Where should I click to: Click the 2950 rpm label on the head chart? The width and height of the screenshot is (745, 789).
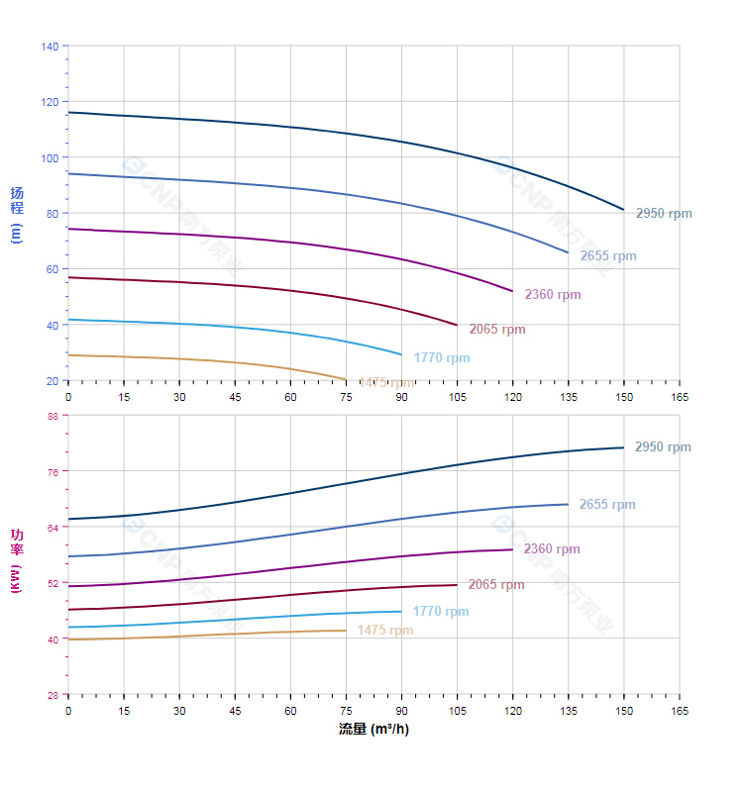(664, 213)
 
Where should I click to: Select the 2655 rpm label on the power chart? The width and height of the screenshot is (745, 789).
(607, 505)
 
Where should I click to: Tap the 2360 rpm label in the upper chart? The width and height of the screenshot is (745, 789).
(553, 295)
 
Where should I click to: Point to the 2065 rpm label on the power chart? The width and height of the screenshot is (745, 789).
(496, 585)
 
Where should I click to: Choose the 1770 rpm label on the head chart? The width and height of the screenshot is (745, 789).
(442, 358)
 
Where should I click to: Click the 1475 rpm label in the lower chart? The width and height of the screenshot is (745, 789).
(385, 631)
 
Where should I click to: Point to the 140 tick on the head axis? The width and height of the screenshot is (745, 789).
(51, 46)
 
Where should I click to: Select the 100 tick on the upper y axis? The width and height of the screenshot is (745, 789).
(51, 157)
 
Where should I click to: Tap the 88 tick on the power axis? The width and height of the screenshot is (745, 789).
(53, 416)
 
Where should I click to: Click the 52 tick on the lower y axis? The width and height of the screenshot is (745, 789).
(53, 583)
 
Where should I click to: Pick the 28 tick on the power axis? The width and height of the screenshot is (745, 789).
(53, 695)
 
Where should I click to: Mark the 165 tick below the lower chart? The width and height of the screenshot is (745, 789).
(680, 711)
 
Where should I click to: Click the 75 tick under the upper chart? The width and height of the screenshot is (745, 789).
(346, 396)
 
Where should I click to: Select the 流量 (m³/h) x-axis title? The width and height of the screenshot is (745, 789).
(373, 730)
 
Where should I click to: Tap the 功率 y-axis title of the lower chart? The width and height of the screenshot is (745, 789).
(16, 560)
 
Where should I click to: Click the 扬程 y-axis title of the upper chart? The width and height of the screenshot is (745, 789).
(16, 214)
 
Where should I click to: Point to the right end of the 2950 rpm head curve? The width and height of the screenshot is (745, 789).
(624, 210)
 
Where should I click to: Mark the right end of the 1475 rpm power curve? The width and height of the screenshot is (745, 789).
(346, 631)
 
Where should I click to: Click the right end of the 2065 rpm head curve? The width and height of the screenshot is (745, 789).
(457, 325)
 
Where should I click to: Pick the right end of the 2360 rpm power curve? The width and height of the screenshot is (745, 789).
(512, 549)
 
